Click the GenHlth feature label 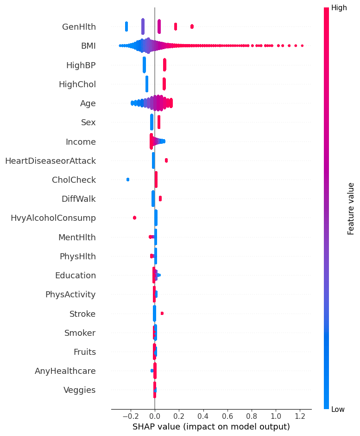tap(79, 26)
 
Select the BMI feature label tap(88, 45)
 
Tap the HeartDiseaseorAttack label tap(50, 161)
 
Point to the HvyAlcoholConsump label tap(53, 218)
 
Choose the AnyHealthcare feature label tap(65, 371)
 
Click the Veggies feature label tap(79, 390)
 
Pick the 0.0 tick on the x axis tap(155, 416)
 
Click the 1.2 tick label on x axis tap(300, 416)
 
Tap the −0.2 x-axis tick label tap(129, 416)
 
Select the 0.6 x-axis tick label tap(227, 416)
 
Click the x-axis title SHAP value tap(211, 426)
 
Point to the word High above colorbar tap(339, 8)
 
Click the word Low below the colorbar tap(338, 409)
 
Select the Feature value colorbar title tap(351, 208)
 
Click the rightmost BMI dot tap(302, 45)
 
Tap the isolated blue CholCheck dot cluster tap(128, 180)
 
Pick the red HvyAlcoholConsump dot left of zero tap(134, 218)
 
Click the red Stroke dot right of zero tap(162, 314)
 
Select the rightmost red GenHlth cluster tap(192, 26)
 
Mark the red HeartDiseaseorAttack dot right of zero tap(166, 160)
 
